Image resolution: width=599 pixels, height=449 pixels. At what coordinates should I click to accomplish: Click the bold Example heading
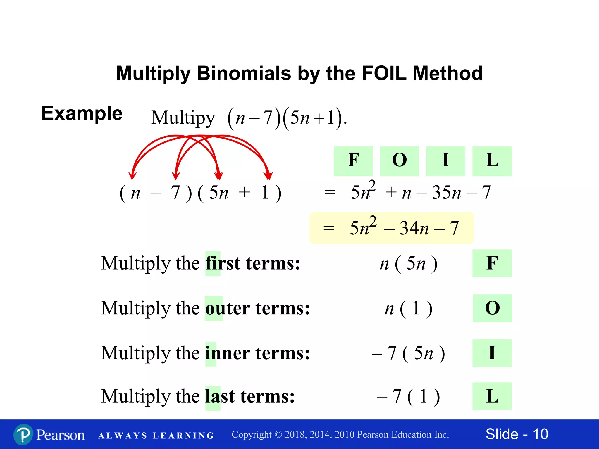coord(82,113)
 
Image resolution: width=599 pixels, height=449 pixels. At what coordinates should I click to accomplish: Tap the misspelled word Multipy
coord(183,118)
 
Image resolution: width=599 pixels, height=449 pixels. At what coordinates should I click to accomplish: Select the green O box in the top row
coord(399,161)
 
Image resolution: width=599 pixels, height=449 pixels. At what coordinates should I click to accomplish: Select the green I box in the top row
coord(445,161)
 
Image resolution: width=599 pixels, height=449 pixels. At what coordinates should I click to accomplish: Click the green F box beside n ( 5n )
coord(492,263)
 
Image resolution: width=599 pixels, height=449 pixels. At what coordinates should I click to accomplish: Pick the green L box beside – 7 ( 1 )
coord(492,396)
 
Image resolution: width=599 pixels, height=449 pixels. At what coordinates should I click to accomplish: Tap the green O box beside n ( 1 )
coord(492,308)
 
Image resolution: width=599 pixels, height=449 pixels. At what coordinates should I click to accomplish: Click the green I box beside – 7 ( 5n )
coord(492,353)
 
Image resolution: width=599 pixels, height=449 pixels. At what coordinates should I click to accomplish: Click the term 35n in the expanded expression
coord(446,193)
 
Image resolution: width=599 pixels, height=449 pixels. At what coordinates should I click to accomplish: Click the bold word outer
coord(228,308)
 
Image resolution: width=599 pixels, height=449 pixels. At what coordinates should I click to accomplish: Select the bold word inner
coord(228,353)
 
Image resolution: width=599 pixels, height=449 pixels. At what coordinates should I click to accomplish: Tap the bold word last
coord(220,397)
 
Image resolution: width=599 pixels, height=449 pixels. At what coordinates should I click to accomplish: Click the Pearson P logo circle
coord(23,435)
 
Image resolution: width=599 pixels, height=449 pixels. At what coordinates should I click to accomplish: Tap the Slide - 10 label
coord(517,434)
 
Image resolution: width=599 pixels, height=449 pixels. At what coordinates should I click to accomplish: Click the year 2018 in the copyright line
coord(295,435)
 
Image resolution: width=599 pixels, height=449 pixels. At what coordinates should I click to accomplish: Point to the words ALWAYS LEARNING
coord(156,436)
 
